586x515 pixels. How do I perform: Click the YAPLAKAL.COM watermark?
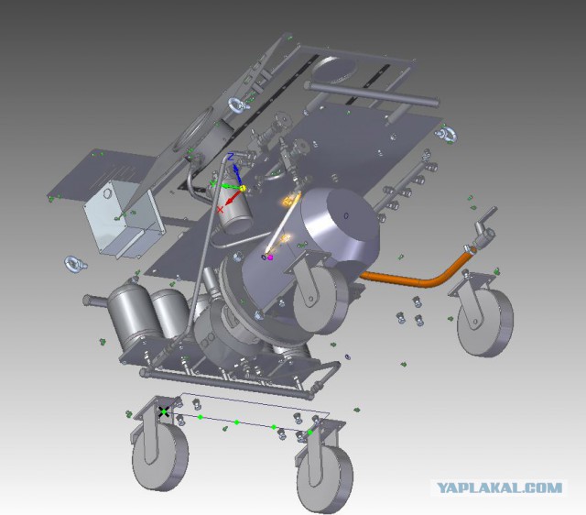pos(499,488)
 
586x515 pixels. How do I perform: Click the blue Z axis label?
pos(231,157)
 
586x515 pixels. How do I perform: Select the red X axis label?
pos(220,210)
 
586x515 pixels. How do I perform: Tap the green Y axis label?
pos(213,183)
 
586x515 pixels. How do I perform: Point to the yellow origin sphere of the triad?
pos(242,188)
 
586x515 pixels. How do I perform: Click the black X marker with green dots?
pos(163,411)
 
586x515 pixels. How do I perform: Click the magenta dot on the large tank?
pos(270,257)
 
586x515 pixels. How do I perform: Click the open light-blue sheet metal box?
pos(124,219)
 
